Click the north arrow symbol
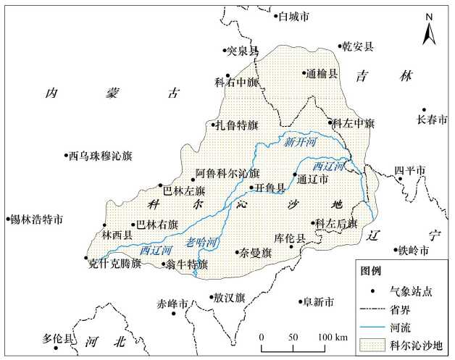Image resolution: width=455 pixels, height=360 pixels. (x=429, y=33)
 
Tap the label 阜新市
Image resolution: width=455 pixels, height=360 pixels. (x=319, y=301)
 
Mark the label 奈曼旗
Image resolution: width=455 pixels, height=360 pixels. (x=256, y=253)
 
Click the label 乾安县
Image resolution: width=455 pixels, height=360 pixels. (x=358, y=47)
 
